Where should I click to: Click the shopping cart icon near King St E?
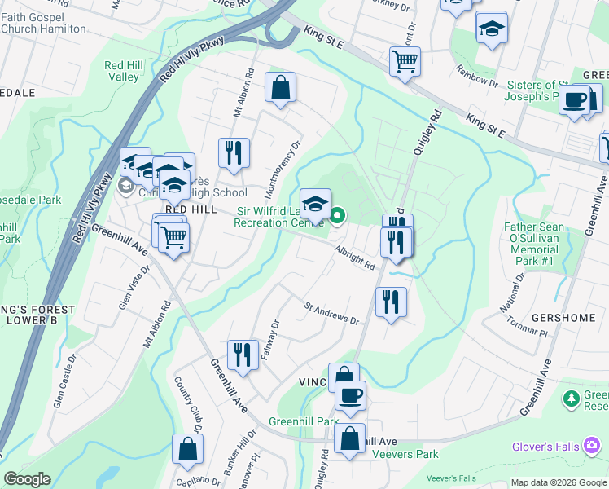point(405,61)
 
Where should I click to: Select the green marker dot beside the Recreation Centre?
point(337,215)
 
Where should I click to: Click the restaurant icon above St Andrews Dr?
point(391,302)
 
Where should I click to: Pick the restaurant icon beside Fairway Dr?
point(243,355)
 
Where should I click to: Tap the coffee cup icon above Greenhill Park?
point(351,396)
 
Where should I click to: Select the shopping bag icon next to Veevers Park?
point(350,439)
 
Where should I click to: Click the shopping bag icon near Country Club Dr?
point(187,448)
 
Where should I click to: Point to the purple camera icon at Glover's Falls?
point(590,446)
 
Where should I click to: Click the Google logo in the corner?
point(27,479)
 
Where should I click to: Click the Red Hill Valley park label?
point(123,71)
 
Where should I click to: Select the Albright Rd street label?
point(353,258)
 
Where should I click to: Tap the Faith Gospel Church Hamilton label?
point(43,23)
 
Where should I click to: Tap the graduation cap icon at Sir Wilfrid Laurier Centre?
point(316,203)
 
